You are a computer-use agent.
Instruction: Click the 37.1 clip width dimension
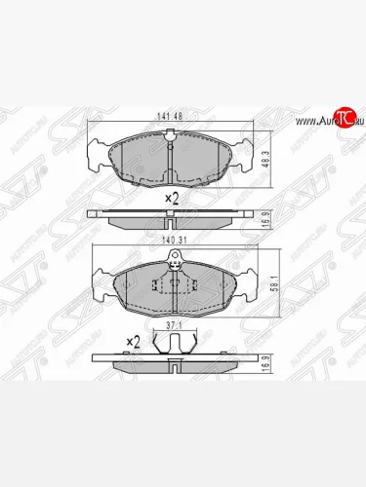[x=173, y=325]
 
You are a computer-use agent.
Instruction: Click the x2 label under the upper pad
[x=172, y=198]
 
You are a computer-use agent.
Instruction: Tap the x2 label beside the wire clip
[x=134, y=342]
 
